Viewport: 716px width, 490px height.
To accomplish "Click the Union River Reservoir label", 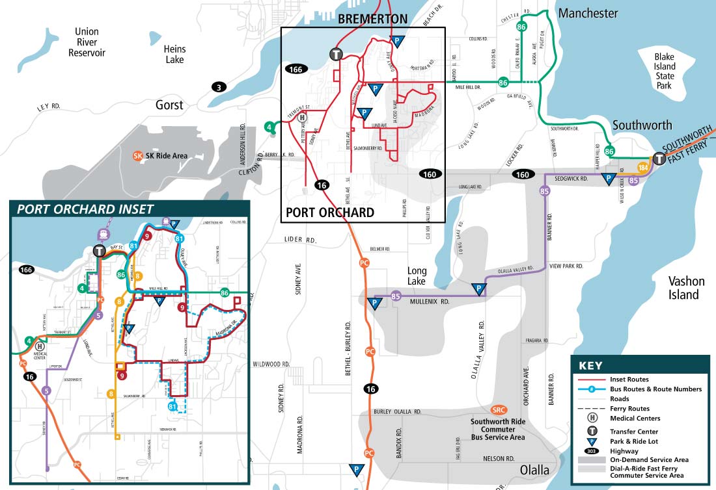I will pos(87,42).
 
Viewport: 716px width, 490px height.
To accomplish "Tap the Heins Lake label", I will pos(174,55).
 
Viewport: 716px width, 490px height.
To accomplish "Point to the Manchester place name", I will pos(588,13).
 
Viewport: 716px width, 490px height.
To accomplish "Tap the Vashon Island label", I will pos(684,288).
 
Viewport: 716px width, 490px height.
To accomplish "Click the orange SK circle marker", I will pos(137,156).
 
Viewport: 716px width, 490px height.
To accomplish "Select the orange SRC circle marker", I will pos(499,409).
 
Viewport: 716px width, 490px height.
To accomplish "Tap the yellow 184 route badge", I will pos(643,168).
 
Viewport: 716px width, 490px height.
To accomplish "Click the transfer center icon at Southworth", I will pos(659,159).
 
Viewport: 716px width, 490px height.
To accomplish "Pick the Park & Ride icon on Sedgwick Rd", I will pos(609,179).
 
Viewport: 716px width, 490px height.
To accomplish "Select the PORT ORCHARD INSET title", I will pos(85,209).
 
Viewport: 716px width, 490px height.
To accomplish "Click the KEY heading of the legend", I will pos(590,366).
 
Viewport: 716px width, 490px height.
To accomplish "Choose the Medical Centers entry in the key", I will pos(635,419).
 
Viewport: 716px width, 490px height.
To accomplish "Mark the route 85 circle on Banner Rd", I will pos(545,191).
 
